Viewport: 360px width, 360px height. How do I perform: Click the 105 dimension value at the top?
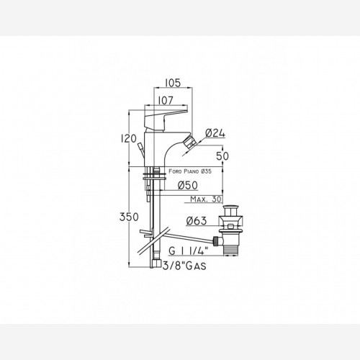(x=173, y=83)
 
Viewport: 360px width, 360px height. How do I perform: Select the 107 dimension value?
(x=166, y=101)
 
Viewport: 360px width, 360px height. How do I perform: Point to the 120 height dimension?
(x=129, y=138)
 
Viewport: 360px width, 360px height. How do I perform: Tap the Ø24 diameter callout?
(x=215, y=133)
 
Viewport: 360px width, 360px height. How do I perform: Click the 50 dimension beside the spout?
(x=222, y=156)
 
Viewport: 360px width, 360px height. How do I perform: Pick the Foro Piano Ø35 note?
(x=190, y=171)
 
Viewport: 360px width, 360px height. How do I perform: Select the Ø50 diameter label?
(x=188, y=185)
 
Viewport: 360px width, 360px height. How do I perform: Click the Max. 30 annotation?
(x=206, y=199)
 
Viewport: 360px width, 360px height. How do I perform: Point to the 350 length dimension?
(x=129, y=217)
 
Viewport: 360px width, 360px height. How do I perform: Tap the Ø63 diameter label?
(x=197, y=221)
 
